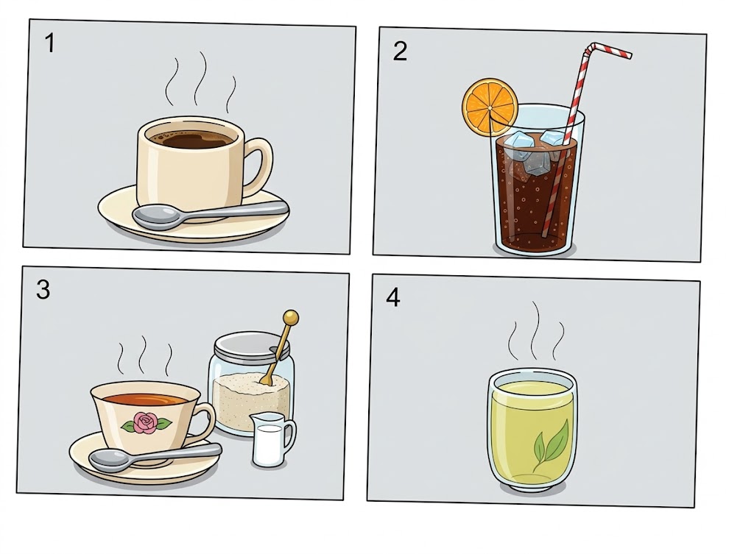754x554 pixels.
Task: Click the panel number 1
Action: click(x=49, y=43)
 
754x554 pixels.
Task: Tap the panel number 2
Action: click(x=400, y=51)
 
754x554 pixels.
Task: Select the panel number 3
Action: click(x=43, y=290)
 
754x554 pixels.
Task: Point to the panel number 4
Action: click(x=393, y=297)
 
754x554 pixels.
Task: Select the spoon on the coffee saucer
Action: click(x=210, y=215)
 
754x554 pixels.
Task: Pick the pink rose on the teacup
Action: click(x=146, y=423)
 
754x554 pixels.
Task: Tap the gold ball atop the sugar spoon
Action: click(x=290, y=318)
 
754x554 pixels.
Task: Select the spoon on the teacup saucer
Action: click(x=155, y=457)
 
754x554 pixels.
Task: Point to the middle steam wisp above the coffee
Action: click(x=200, y=79)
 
